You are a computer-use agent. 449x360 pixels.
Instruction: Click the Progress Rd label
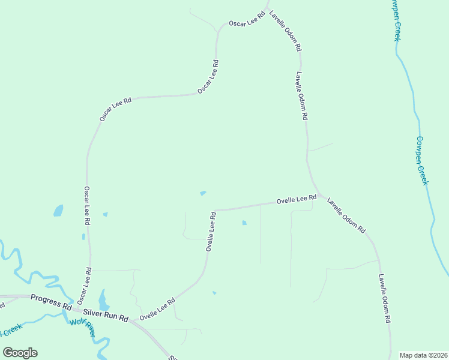pyautogui.click(x=50, y=301)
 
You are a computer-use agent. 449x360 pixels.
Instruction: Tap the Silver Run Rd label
pyautogui.click(x=106, y=314)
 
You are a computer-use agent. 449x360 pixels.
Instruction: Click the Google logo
pyautogui.click(x=20, y=353)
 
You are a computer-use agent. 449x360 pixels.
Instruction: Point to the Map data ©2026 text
pyautogui.click(x=424, y=355)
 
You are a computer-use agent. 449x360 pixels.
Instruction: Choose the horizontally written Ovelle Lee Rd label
pyautogui.click(x=296, y=199)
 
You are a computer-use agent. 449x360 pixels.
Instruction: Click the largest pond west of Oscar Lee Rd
pyautogui.click(x=58, y=211)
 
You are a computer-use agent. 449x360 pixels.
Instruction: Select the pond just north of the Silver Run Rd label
pyautogui.click(x=103, y=299)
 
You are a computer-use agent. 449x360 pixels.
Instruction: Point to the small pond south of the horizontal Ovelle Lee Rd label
pyautogui.click(x=244, y=223)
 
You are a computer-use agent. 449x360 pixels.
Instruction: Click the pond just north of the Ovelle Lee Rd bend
pyautogui.click(x=203, y=193)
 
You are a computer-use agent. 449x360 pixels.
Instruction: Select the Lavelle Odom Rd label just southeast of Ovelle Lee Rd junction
pyautogui.click(x=346, y=215)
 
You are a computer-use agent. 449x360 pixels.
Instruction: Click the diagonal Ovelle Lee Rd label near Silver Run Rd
pyautogui.click(x=157, y=308)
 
